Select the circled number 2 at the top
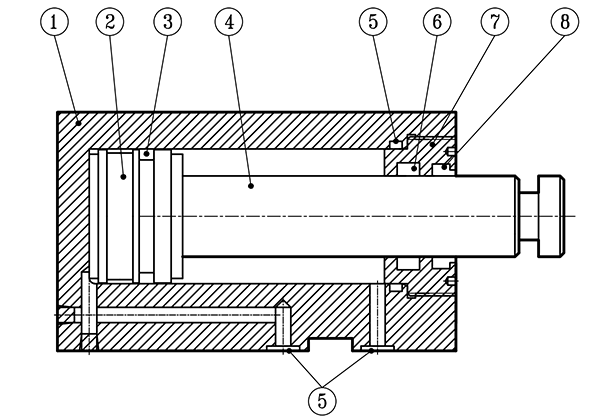(x=110, y=21)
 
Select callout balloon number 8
(x=567, y=21)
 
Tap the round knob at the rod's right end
(x=551, y=215)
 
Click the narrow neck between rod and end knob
(x=528, y=216)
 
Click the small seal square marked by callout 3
(x=145, y=155)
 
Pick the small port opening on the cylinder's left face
(x=66, y=316)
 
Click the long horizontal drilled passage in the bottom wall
(x=180, y=316)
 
